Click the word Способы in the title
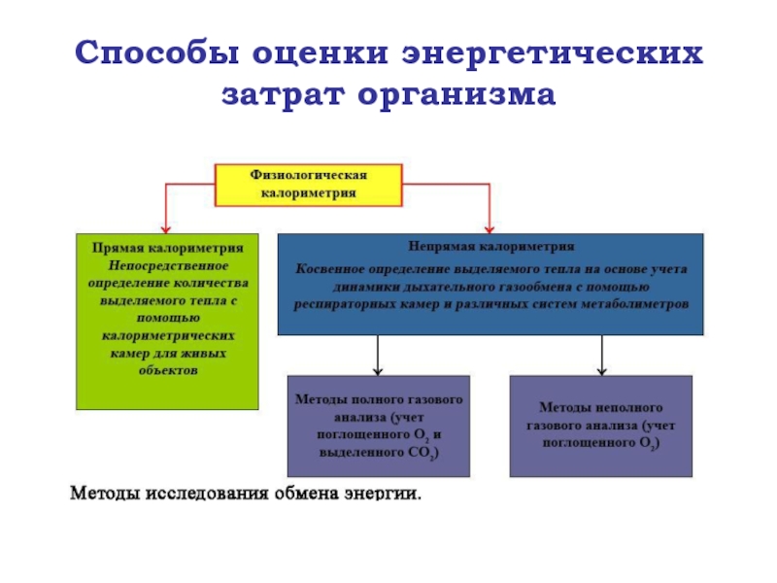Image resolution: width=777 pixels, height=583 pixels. pos(157,53)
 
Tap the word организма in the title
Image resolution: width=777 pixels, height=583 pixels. pos(456,94)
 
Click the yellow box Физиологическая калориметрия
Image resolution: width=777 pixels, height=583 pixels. pos(308,185)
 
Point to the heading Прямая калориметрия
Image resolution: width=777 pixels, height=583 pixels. pos(168,248)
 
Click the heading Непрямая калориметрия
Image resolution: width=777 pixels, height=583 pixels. pos(491,247)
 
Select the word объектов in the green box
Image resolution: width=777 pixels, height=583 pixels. pos(168,370)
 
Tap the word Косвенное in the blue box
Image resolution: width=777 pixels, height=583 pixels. pos(330,269)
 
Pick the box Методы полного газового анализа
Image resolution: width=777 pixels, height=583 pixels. pos(379,427)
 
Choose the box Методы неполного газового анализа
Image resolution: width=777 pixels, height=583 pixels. pos(601,427)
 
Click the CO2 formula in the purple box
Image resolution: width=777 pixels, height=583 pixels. pos(422,453)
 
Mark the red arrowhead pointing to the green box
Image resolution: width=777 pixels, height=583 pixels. pos(166,229)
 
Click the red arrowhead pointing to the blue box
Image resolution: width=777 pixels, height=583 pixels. pos(490,229)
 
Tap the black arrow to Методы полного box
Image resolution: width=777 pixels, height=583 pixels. pos(378,356)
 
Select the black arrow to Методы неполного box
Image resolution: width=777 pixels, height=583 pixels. pos(602,356)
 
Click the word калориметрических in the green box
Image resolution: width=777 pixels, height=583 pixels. pos(168,336)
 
